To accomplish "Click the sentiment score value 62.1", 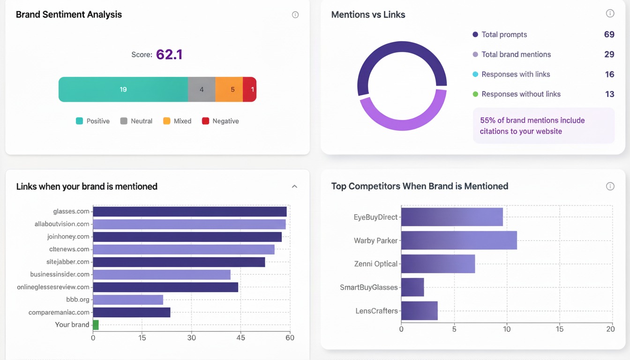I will (x=169, y=55).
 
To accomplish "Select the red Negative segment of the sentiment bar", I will (x=250, y=90).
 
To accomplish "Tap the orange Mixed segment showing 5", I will (x=229, y=90).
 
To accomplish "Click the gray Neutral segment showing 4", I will (x=202, y=90).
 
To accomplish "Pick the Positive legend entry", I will (x=93, y=121).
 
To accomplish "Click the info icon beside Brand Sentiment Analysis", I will (x=295, y=15).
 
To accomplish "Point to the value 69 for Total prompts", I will (x=609, y=35).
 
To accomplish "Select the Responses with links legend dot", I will (x=475, y=74).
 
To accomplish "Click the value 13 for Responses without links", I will (x=609, y=94).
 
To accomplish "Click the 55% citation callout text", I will (x=532, y=126).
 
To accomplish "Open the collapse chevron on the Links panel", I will (x=294, y=187).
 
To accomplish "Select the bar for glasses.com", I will (x=189, y=211).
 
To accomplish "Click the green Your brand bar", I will (x=96, y=325).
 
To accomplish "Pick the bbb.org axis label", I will (x=78, y=300).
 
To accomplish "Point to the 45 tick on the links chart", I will (x=241, y=337).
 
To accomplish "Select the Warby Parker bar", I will (x=458, y=240).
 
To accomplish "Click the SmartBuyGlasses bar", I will (x=412, y=287).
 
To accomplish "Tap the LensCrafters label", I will (x=376, y=311).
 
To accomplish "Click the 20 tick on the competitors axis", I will (x=610, y=329).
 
